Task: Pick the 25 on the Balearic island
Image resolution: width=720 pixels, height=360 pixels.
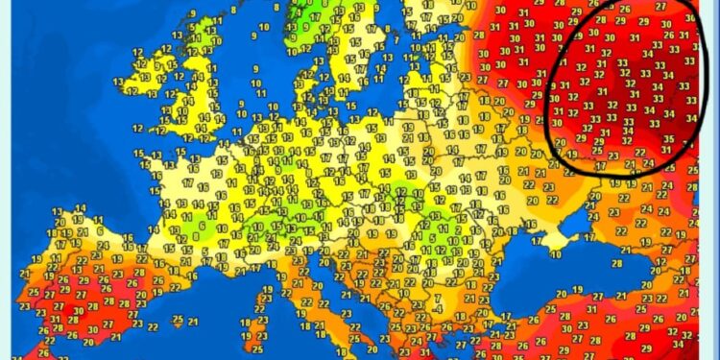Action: point(178,320)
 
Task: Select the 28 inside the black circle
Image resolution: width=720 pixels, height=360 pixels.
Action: point(601,19)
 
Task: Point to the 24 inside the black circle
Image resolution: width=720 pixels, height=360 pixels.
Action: point(649,162)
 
